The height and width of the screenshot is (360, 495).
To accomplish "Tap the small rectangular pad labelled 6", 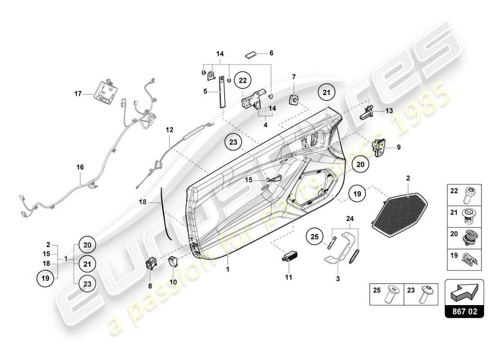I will [251, 55].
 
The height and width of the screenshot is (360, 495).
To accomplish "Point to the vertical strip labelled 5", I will [222, 92].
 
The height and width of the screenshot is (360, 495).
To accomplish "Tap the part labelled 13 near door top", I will [366, 112].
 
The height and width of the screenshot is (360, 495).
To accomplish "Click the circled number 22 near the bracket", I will [243, 81].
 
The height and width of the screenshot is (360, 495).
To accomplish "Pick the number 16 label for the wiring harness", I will [80, 166].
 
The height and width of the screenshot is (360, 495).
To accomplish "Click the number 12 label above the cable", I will [169, 130].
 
